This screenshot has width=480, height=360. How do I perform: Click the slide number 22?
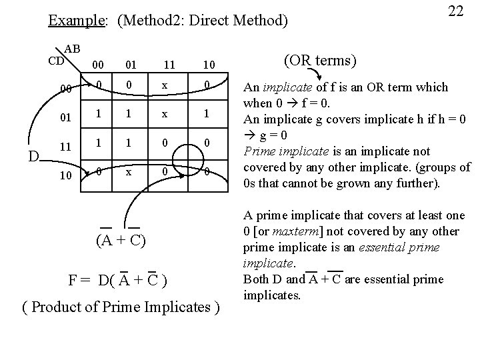[455, 11]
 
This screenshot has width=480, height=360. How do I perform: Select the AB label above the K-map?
[72, 49]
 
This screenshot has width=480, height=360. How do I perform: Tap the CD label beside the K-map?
[56, 61]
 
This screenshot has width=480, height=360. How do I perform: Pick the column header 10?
[209, 65]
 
